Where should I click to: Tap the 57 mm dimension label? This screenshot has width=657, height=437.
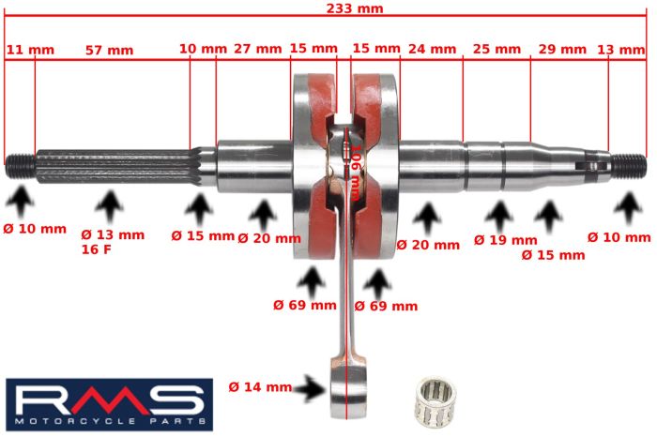[109, 50]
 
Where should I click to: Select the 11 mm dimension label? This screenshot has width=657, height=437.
[30, 50]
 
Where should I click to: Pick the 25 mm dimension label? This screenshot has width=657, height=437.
[497, 49]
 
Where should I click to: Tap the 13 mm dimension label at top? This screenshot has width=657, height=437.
[620, 49]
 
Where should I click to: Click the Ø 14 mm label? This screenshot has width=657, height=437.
[259, 386]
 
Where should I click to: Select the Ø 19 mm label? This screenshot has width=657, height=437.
[506, 240]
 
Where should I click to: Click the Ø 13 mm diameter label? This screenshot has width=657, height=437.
[113, 234]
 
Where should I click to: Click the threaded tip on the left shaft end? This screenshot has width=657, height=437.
[19, 166]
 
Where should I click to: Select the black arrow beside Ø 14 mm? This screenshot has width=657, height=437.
[305, 386]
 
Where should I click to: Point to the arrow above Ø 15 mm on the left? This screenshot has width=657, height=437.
[198, 209]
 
